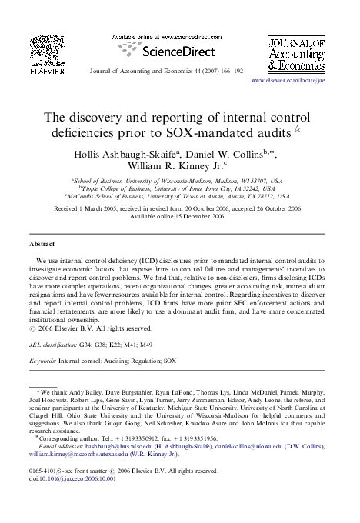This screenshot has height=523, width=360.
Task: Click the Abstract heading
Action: [x=42, y=242]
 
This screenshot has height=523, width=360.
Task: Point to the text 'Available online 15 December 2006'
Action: [x=179, y=216]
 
